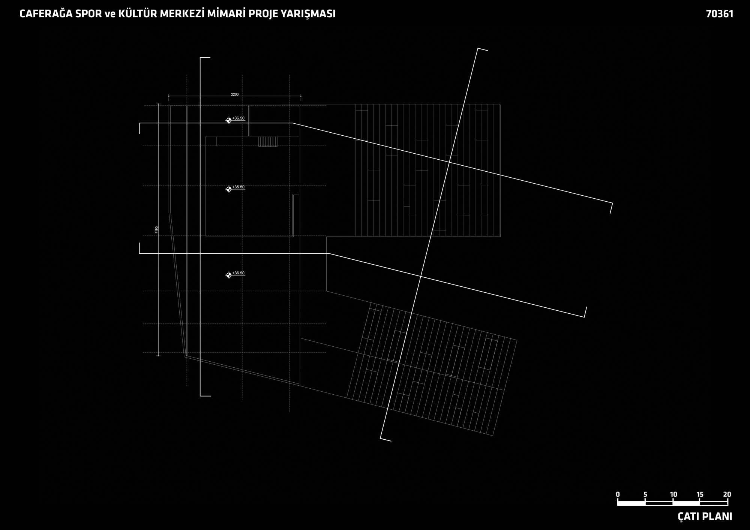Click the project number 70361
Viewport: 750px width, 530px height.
[x=720, y=14]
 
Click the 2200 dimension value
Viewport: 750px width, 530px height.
[x=235, y=94]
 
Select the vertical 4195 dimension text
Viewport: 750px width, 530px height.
[x=157, y=230]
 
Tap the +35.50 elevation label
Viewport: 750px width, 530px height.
[x=238, y=187]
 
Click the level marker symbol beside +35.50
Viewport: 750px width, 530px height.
[x=229, y=189]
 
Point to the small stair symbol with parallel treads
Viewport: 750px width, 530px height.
[x=268, y=142]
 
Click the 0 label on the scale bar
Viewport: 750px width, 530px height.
[x=618, y=494]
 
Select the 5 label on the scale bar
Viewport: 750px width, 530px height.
[x=645, y=494]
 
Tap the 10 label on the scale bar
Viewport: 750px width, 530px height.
[x=673, y=494]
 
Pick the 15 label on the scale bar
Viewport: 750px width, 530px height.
[x=700, y=494]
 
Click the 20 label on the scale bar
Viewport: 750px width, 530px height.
[x=727, y=494]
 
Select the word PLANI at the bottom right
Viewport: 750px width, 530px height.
[x=717, y=517]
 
